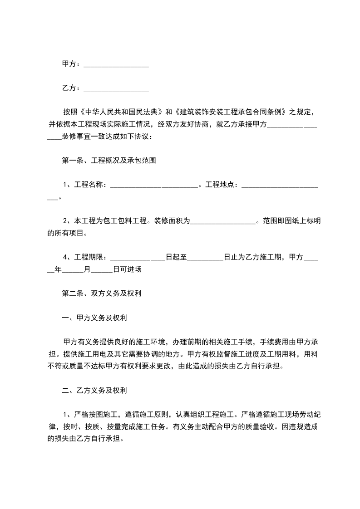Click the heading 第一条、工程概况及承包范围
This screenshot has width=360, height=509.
point(109,160)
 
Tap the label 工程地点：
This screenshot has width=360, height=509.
point(222,185)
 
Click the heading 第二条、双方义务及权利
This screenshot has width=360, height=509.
point(102,294)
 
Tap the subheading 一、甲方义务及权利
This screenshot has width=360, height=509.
point(94,318)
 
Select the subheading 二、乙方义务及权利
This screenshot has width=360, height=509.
point(94,390)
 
